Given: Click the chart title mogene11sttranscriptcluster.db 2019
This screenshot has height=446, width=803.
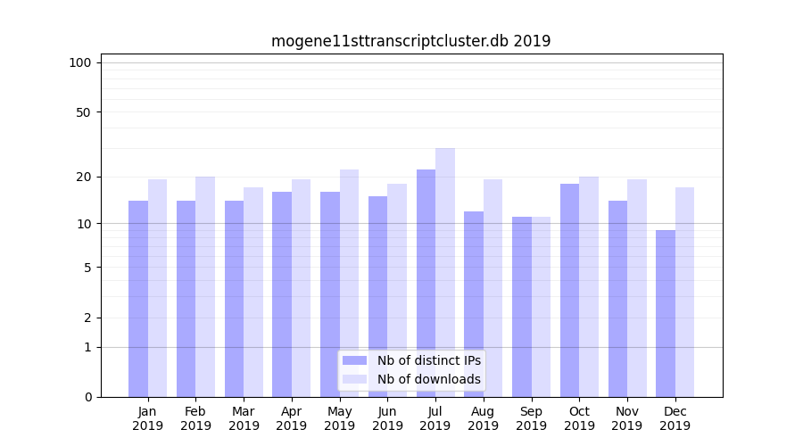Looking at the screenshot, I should point(410,41).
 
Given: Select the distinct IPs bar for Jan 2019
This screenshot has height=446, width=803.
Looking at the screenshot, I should point(138,299).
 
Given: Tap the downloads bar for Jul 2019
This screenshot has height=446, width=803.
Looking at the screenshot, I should point(445,272).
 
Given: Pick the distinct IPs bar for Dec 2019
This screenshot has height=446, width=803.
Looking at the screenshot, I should point(666,313).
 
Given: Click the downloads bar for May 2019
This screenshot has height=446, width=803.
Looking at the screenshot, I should point(349,283).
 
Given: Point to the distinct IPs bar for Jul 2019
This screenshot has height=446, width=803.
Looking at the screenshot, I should point(426,283).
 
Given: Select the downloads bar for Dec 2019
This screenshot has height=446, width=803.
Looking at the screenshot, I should point(685,292).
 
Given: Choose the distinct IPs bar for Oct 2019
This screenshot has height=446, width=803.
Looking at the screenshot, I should point(569,290).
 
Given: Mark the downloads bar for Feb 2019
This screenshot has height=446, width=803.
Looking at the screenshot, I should point(205,286).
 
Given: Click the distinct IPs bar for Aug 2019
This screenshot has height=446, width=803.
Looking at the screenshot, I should point(474,304).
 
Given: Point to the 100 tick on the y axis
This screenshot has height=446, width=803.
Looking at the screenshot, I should point(80,62).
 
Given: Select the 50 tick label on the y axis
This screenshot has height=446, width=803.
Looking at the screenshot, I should point(83,112).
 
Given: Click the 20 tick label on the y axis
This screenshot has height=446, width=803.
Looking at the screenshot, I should point(83,177).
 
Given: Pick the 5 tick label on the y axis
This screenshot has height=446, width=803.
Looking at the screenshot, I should point(87,267).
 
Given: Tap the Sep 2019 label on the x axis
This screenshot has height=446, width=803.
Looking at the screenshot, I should point(531,418).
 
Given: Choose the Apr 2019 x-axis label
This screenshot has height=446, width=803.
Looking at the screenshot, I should point(292,418).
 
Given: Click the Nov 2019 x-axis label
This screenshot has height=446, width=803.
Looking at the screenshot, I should point(627,418).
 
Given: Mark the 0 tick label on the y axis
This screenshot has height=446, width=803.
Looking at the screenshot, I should point(87,397).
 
